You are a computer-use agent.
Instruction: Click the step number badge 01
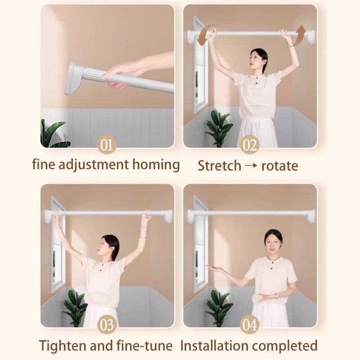click(107, 144)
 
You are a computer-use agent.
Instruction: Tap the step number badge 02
click(250, 144)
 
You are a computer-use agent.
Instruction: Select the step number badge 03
click(107, 324)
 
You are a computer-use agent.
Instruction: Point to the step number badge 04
click(250, 324)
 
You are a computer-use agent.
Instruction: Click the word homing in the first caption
click(156, 165)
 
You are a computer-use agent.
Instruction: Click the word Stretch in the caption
click(219, 166)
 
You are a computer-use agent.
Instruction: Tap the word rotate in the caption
click(279, 166)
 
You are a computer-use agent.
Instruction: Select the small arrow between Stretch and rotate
click(251, 165)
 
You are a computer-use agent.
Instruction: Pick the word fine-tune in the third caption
click(144, 346)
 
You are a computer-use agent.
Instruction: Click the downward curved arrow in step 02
click(203, 35)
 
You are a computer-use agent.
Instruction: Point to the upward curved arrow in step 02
click(298, 35)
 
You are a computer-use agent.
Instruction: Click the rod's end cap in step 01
click(74, 79)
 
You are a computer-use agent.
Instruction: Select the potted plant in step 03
click(75, 307)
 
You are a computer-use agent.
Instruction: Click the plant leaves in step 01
click(54, 134)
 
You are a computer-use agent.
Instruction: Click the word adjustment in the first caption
click(94, 165)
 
